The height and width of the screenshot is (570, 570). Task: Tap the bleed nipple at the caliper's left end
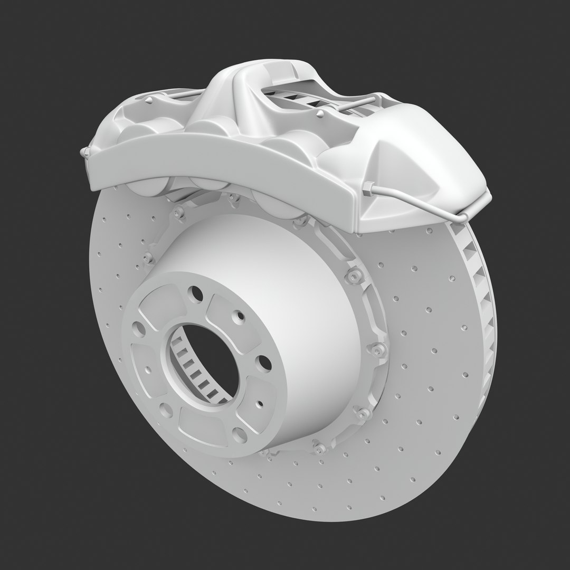pos(83,153)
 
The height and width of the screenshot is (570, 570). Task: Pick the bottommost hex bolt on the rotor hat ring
pos(319,448)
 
